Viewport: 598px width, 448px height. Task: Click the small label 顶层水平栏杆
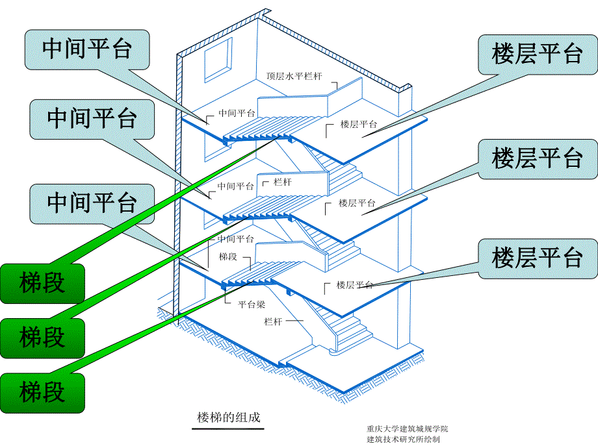[x=298, y=76]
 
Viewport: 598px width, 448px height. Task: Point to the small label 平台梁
[x=251, y=303]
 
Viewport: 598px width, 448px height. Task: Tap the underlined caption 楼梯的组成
[x=228, y=417]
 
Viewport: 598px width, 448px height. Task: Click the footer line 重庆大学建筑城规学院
[x=407, y=429]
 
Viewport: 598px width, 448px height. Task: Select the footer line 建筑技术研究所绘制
[x=403, y=439]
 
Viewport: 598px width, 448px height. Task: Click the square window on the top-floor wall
[x=218, y=57]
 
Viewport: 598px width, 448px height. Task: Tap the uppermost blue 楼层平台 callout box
[x=537, y=55]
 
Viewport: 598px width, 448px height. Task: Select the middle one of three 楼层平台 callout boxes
[x=537, y=158]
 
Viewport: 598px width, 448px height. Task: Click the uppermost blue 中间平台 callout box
[x=87, y=49]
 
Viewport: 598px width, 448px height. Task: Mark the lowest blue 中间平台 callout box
[x=92, y=203]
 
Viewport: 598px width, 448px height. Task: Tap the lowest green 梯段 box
[x=42, y=392]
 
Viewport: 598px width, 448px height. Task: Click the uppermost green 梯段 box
[x=42, y=283]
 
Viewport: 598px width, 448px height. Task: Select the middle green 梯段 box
[x=42, y=338]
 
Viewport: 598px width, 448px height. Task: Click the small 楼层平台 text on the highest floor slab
[x=359, y=125]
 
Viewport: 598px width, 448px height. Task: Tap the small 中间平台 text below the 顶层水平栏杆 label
[x=236, y=112]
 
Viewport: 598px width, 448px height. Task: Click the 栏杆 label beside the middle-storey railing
[x=283, y=182]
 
